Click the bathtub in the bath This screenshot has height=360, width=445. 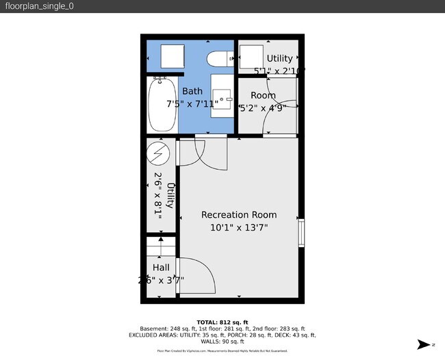pos(162,104)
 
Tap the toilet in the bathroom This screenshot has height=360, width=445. pos(221,60)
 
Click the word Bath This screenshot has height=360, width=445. pos(192,91)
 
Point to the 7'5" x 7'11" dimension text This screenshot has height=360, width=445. pos(192,104)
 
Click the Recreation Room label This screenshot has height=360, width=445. pos(239,215)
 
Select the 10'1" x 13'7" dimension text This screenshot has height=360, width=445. pos(239,227)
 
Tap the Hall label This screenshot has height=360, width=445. pos(161,268)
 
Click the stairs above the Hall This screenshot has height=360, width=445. pos(161,246)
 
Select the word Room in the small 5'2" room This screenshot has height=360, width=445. pos(263,95)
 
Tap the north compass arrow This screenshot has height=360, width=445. pos(424,345)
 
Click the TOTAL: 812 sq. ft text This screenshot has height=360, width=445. pos(222,321)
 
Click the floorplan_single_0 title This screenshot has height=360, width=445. pos(39,6)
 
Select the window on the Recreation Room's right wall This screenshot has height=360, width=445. pos(301,233)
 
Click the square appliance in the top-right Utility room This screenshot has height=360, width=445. pos(251,57)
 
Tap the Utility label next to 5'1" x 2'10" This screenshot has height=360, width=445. pos(279,58)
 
